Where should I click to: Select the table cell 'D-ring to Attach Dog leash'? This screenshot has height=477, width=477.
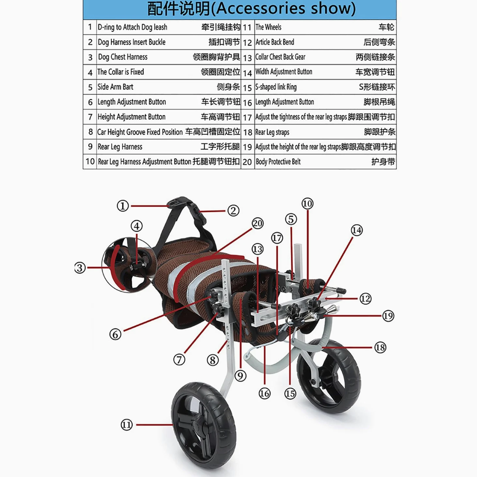(x=132, y=27)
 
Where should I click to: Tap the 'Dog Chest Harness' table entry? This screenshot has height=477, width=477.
(x=123, y=57)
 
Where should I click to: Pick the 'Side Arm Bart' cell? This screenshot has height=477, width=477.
(x=115, y=87)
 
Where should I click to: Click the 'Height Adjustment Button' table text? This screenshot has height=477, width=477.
(x=131, y=117)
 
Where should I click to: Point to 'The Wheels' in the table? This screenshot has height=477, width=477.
(x=269, y=27)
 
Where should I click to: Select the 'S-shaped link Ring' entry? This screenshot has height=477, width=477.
(x=276, y=87)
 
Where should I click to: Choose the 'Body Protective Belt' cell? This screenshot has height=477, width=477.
(x=278, y=162)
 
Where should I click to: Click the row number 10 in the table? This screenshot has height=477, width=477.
(x=90, y=161)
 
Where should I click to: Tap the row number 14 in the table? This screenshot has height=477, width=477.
(x=247, y=73)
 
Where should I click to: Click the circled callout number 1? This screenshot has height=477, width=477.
(x=123, y=206)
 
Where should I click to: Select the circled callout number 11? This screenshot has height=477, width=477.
(x=127, y=425)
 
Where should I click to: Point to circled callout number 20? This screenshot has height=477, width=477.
(x=258, y=224)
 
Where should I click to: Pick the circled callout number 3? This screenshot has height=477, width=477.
(x=80, y=268)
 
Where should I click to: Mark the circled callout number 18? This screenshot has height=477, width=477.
(x=380, y=348)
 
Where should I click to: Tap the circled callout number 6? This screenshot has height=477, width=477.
(x=115, y=335)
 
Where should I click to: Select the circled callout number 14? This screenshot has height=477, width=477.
(x=357, y=231)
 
